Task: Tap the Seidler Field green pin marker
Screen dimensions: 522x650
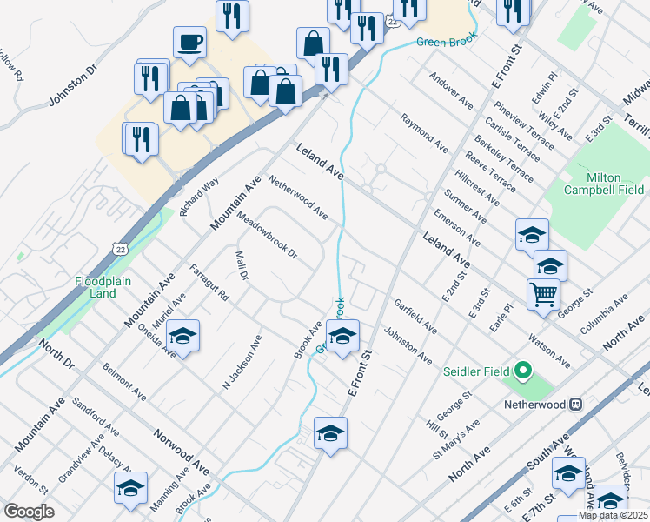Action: click(x=522, y=372)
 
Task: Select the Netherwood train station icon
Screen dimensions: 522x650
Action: click(x=575, y=405)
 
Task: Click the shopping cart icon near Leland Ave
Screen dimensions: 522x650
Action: click(x=543, y=294)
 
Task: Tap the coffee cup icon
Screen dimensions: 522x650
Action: click(x=189, y=41)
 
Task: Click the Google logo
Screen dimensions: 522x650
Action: click(x=29, y=511)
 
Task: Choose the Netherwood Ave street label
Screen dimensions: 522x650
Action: click(x=298, y=197)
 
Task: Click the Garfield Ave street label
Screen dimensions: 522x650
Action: click(x=415, y=317)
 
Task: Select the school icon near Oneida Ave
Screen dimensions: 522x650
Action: click(x=183, y=337)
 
